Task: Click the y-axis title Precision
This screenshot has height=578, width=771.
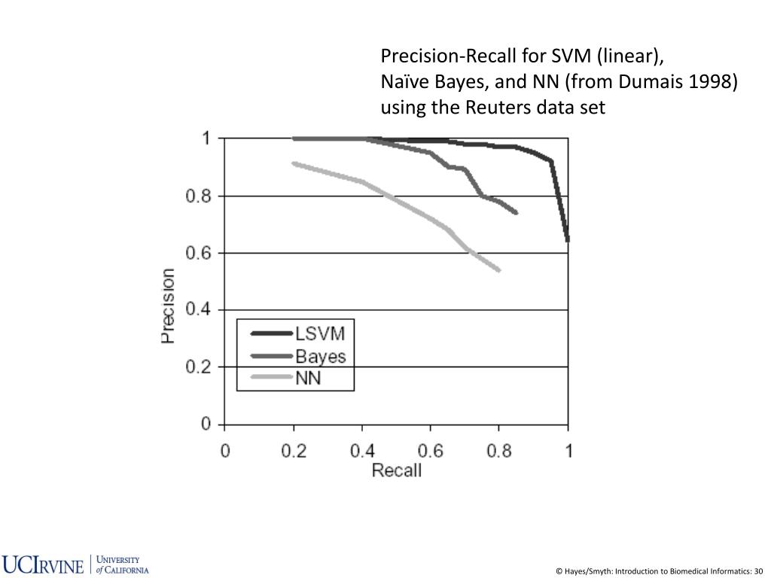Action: [168, 306]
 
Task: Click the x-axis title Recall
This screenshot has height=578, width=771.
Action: [397, 471]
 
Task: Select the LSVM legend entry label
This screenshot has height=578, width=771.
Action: [324, 333]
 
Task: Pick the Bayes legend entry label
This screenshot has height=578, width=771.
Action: [321, 356]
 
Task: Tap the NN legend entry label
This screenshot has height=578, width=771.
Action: [308, 378]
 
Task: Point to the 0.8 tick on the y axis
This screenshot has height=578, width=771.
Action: [200, 196]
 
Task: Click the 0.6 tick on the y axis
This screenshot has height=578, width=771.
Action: [200, 254]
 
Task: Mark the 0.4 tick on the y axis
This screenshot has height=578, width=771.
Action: [200, 310]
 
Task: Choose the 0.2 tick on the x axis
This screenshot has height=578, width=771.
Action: [294, 452]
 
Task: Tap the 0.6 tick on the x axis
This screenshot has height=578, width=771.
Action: [431, 452]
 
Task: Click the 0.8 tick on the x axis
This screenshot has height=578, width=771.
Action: [499, 452]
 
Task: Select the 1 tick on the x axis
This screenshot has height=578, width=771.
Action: [569, 452]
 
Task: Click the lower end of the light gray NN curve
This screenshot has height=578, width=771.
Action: [499, 270]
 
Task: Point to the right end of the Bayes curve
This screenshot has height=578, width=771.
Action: [517, 213]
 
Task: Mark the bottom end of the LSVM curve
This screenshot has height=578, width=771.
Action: [568, 240]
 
